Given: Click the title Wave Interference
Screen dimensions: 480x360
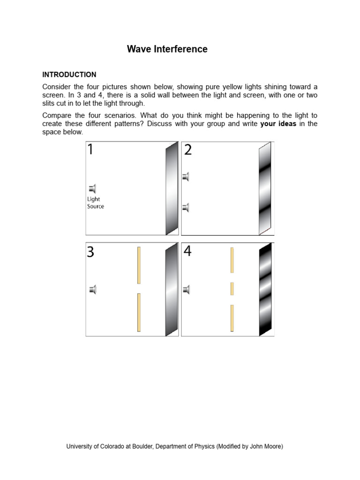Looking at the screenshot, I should pos(167,49).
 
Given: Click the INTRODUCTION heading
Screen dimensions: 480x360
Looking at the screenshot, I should pos(69,75).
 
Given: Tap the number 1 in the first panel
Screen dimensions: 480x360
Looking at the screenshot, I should pos(90,150).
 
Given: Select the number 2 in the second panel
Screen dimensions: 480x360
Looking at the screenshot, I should pos(188,150).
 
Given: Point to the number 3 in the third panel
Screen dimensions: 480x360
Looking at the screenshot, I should pos(90,252).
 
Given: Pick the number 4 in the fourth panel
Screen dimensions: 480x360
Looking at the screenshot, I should pos(187,251).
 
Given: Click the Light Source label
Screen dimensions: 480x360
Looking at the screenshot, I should pos(96,203).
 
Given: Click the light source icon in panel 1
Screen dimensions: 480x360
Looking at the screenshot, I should pos(92,189).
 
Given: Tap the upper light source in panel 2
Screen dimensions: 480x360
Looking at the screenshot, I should pos(186,177).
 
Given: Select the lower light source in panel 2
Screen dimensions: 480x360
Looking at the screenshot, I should pos(186,207).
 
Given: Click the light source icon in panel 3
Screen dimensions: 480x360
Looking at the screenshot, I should pos(92,290).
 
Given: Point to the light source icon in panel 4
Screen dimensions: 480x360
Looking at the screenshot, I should pos(186,290).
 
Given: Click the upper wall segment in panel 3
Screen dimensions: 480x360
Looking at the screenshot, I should pos(139,265).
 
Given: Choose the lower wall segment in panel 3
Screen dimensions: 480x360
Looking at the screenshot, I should pos(139,312).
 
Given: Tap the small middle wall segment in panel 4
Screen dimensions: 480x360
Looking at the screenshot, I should pos(232,289).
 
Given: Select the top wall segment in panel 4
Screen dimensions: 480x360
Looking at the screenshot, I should pos(232,260).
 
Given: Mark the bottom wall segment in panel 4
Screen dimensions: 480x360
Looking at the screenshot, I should pos(232,318).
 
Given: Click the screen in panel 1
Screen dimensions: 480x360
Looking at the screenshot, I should pos(172,188).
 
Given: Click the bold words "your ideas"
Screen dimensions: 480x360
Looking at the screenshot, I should pos(278,124).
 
